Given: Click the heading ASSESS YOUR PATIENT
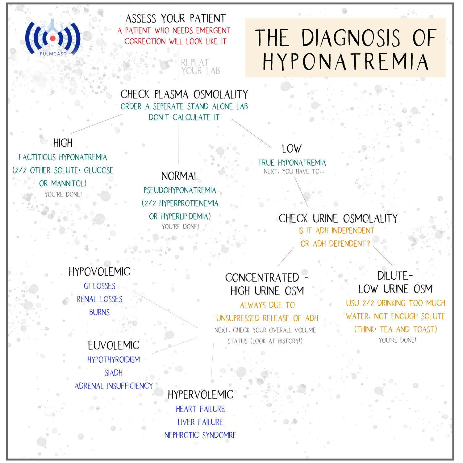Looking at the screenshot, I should (x=175, y=19).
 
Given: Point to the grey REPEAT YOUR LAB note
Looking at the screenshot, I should (x=200, y=67).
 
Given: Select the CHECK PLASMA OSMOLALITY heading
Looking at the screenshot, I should (x=184, y=94).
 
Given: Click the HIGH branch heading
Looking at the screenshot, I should (x=63, y=143).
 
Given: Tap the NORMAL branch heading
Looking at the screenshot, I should (x=180, y=176).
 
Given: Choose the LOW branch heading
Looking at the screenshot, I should (x=291, y=149).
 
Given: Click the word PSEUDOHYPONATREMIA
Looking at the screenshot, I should (x=180, y=190).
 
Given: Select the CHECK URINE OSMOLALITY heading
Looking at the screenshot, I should (x=338, y=219).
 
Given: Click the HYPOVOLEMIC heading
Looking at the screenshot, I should (x=99, y=272).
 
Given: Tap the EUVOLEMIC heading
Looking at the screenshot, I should (x=114, y=345).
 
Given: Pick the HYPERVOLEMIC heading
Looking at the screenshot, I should (x=200, y=394).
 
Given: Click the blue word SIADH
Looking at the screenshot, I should (x=114, y=373).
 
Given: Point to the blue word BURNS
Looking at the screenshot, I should (x=99, y=312).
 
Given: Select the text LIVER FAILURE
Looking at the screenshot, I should (x=200, y=422).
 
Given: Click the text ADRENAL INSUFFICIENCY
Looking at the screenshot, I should (x=114, y=386).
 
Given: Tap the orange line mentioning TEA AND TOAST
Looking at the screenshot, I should (x=395, y=329).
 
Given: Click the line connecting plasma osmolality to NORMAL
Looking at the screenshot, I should (x=178, y=144).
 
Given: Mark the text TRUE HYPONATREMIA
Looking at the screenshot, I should (x=292, y=163).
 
